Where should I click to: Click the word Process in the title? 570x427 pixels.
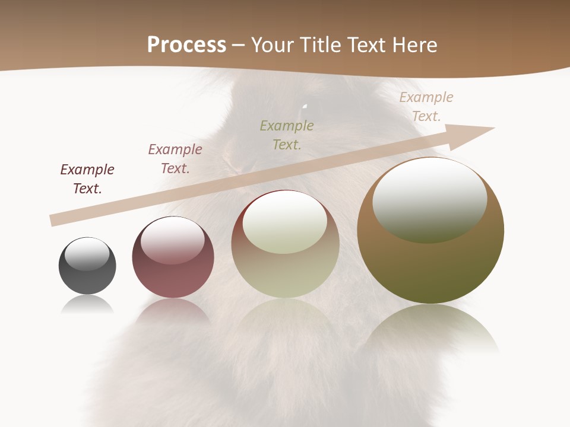(x=186, y=45)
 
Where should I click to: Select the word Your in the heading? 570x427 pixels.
(x=271, y=45)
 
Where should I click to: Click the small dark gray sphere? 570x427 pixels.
(x=87, y=266)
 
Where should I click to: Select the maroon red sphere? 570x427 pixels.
(x=173, y=261)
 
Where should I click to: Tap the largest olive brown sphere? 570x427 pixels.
(x=430, y=237)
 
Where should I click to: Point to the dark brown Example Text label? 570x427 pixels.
(x=87, y=179)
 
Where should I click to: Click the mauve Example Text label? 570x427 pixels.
(x=175, y=158)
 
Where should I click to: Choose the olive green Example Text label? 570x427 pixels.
(x=287, y=135)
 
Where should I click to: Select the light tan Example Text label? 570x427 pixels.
(x=426, y=106)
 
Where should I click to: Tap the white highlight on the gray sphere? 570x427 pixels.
(x=87, y=254)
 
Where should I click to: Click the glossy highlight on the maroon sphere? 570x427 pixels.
(x=173, y=240)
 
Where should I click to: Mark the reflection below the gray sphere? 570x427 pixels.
(x=87, y=305)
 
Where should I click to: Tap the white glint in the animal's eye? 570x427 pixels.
(x=305, y=107)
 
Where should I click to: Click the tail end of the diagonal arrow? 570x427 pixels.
(x=53, y=220)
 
